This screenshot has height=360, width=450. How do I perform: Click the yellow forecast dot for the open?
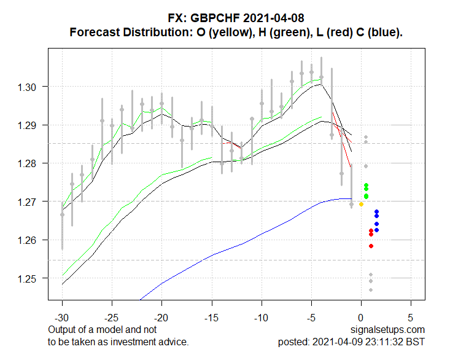pyautogui.click(x=361, y=204)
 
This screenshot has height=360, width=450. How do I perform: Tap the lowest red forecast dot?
pyautogui.click(x=371, y=246)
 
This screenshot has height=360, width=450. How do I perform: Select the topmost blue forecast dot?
pyautogui.click(x=376, y=212)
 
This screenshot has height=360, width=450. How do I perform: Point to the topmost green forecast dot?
pyautogui.click(x=366, y=185)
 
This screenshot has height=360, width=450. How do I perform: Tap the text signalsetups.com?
pyautogui.click(x=388, y=330)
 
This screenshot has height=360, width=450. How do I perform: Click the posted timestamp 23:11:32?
pyautogui.click(x=386, y=342)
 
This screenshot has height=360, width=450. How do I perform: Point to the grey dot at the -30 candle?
pyautogui.click(x=62, y=214)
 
